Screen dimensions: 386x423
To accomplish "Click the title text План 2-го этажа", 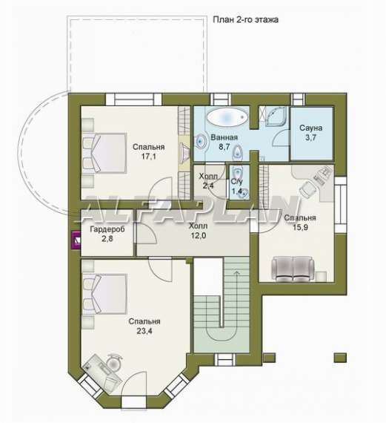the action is (245, 20).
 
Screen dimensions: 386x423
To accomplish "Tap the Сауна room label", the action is (311, 128).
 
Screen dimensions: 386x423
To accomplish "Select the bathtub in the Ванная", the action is (227, 117).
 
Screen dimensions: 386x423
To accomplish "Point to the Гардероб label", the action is (107, 229).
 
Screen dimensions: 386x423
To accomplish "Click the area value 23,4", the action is (144, 331).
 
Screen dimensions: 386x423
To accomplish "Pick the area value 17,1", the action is (149, 156).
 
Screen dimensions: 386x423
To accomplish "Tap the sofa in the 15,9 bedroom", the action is (293, 269).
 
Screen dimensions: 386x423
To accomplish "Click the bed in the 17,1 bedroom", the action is (104, 153).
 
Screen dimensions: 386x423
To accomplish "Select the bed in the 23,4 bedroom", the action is (104, 294).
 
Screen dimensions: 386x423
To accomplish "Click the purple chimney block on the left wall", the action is (76, 240).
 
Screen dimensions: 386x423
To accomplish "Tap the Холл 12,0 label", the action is (199, 231).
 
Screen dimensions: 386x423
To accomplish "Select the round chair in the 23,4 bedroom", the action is (115, 363).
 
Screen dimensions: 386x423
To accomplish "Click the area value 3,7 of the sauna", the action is (311, 137).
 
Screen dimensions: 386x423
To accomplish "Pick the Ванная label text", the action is (224, 137).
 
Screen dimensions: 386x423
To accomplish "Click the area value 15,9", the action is (300, 227).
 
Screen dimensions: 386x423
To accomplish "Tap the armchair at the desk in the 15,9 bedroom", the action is (307, 188).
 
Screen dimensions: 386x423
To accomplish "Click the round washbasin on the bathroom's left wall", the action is (200, 141).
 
